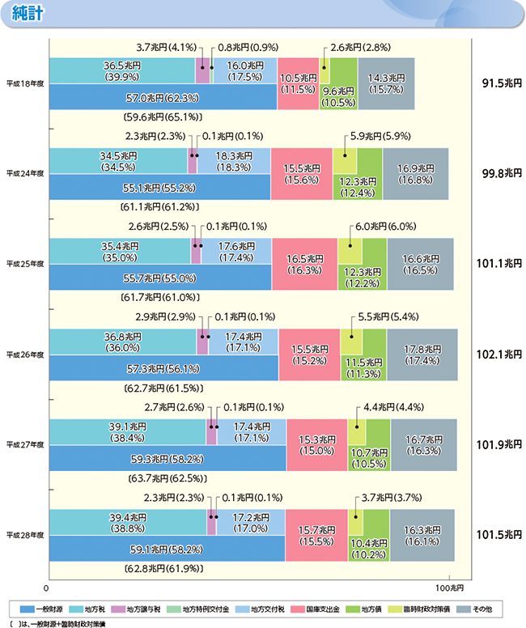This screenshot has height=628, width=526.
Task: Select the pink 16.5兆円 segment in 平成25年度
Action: coord(304,264)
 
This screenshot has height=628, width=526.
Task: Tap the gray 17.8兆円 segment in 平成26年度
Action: coord(422,354)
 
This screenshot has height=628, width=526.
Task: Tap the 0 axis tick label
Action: coord(48,586)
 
